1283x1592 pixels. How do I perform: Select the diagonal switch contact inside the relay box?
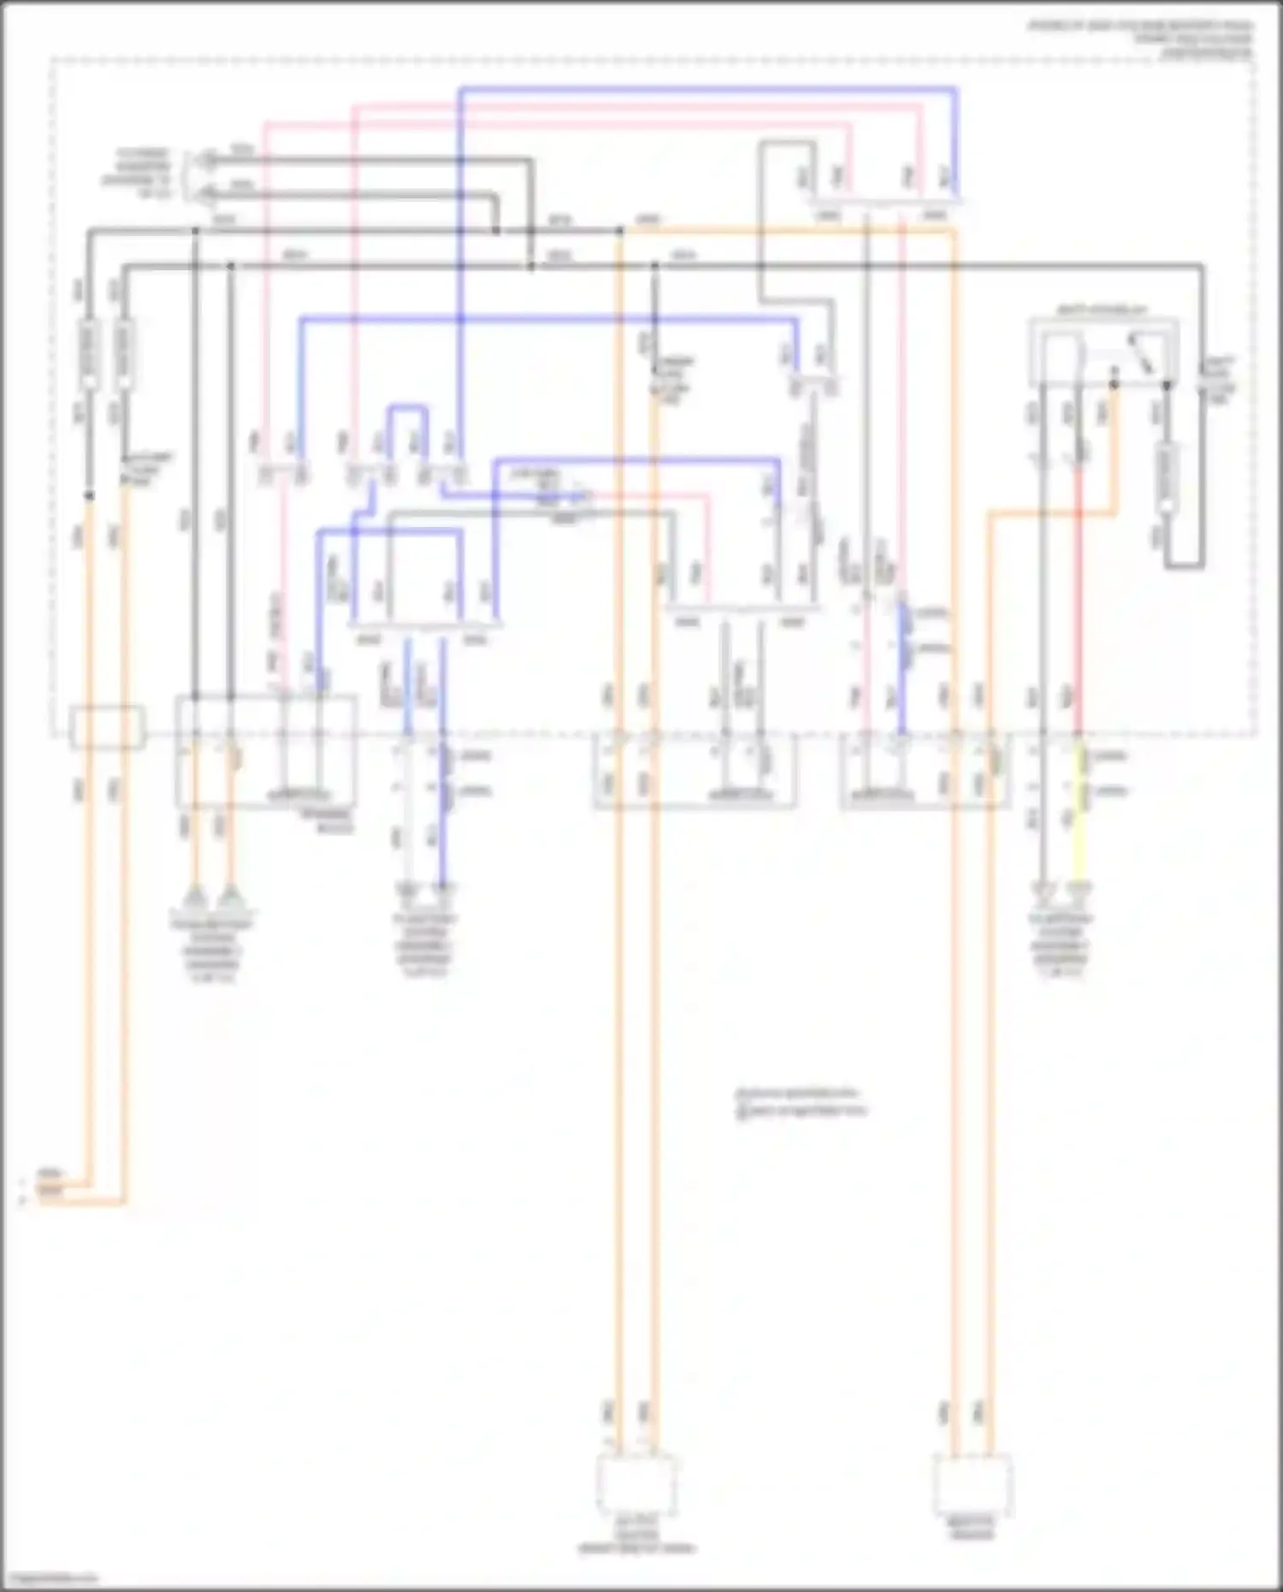(x=1140, y=352)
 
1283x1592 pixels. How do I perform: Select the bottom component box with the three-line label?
(x=636, y=1485)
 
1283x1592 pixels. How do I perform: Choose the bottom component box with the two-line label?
(x=973, y=1485)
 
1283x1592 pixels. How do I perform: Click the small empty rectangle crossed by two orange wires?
(x=107, y=726)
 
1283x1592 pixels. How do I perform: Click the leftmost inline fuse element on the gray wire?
(x=89, y=352)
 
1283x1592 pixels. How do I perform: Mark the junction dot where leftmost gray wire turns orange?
(x=89, y=495)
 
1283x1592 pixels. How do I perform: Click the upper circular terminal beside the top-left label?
(x=207, y=159)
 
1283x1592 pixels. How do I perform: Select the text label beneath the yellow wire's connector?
(x=1061, y=946)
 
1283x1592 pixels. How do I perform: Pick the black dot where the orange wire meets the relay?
(x=1114, y=384)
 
